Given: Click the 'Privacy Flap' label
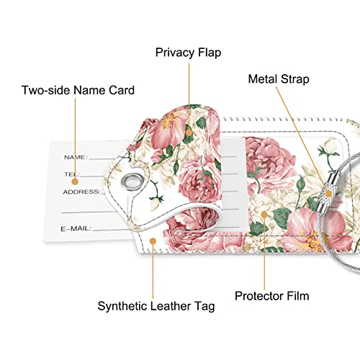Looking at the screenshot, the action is click(188, 53).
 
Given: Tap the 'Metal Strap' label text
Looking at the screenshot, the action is click(279, 79).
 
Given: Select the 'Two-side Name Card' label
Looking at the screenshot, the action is click(78, 90).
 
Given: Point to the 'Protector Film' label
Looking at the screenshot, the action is click(272, 296).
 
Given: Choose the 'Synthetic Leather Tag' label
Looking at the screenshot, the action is click(156, 307).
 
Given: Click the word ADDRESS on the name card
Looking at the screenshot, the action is click(81, 192).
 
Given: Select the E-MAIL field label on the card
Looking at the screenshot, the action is click(76, 228).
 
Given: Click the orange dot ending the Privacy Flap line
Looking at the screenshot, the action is click(189, 132).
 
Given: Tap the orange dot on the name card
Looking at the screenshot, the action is click(75, 181).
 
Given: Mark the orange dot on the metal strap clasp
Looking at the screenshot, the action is click(328, 194).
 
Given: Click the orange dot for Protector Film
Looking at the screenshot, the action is click(264, 215).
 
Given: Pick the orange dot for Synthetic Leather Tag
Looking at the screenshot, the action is click(153, 241).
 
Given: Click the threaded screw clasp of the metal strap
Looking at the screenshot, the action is click(326, 192).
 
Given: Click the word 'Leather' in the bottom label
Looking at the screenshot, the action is click(170, 306).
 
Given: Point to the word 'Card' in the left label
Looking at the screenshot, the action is click(122, 90).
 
